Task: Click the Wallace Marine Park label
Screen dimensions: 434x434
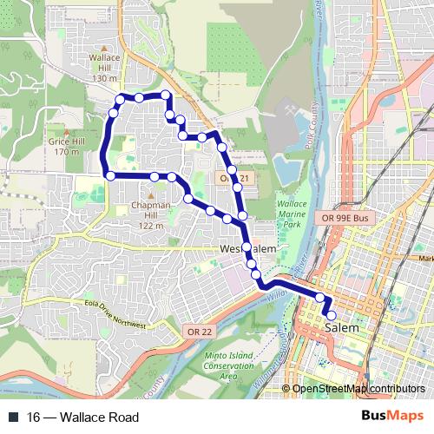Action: pyautogui.click(x=286, y=214)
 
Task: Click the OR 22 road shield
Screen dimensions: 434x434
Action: pyautogui.click(x=197, y=331)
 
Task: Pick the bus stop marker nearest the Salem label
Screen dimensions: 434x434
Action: pyautogui.click(x=331, y=316)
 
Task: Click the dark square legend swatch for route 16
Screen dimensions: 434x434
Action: pyautogui.click(x=13, y=418)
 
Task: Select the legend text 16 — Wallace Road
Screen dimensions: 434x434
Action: pyautogui.click(x=82, y=418)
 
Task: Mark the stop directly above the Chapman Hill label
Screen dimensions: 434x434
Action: pyautogui.click(x=154, y=176)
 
